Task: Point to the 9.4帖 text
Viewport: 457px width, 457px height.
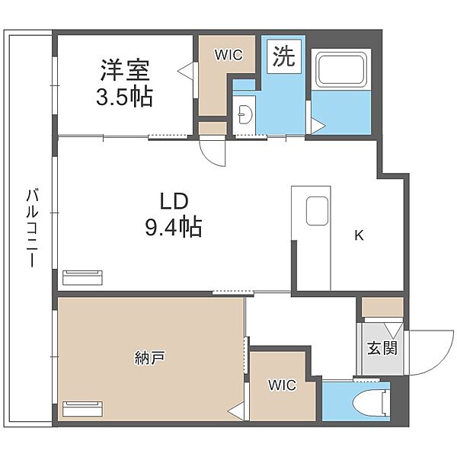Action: (x=173, y=227)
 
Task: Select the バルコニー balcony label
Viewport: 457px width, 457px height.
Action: (x=31, y=225)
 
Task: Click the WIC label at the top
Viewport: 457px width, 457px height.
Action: (x=227, y=55)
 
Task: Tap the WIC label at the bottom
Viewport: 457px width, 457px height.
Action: (x=280, y=385)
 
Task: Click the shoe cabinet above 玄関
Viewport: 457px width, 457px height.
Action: (x=382, y=307)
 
